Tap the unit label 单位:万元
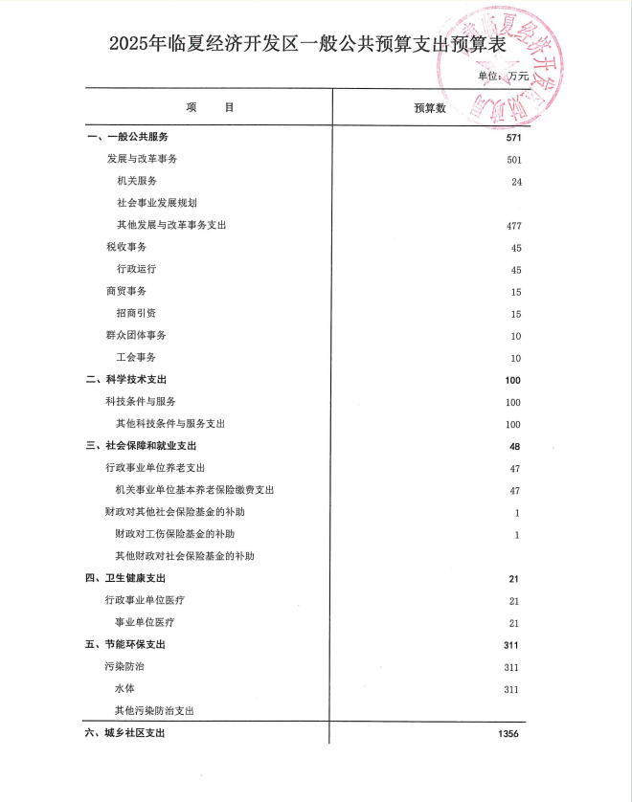504,75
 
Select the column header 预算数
428,107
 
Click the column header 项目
210,107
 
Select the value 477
513,225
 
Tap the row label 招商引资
137,313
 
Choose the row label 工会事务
137,357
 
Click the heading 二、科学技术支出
126,379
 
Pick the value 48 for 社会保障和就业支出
515,446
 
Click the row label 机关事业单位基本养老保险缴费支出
194,490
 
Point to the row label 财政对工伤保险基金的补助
174,534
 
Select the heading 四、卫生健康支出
126,578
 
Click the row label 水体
125,689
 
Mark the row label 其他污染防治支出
155,711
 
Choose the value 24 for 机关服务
516,181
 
